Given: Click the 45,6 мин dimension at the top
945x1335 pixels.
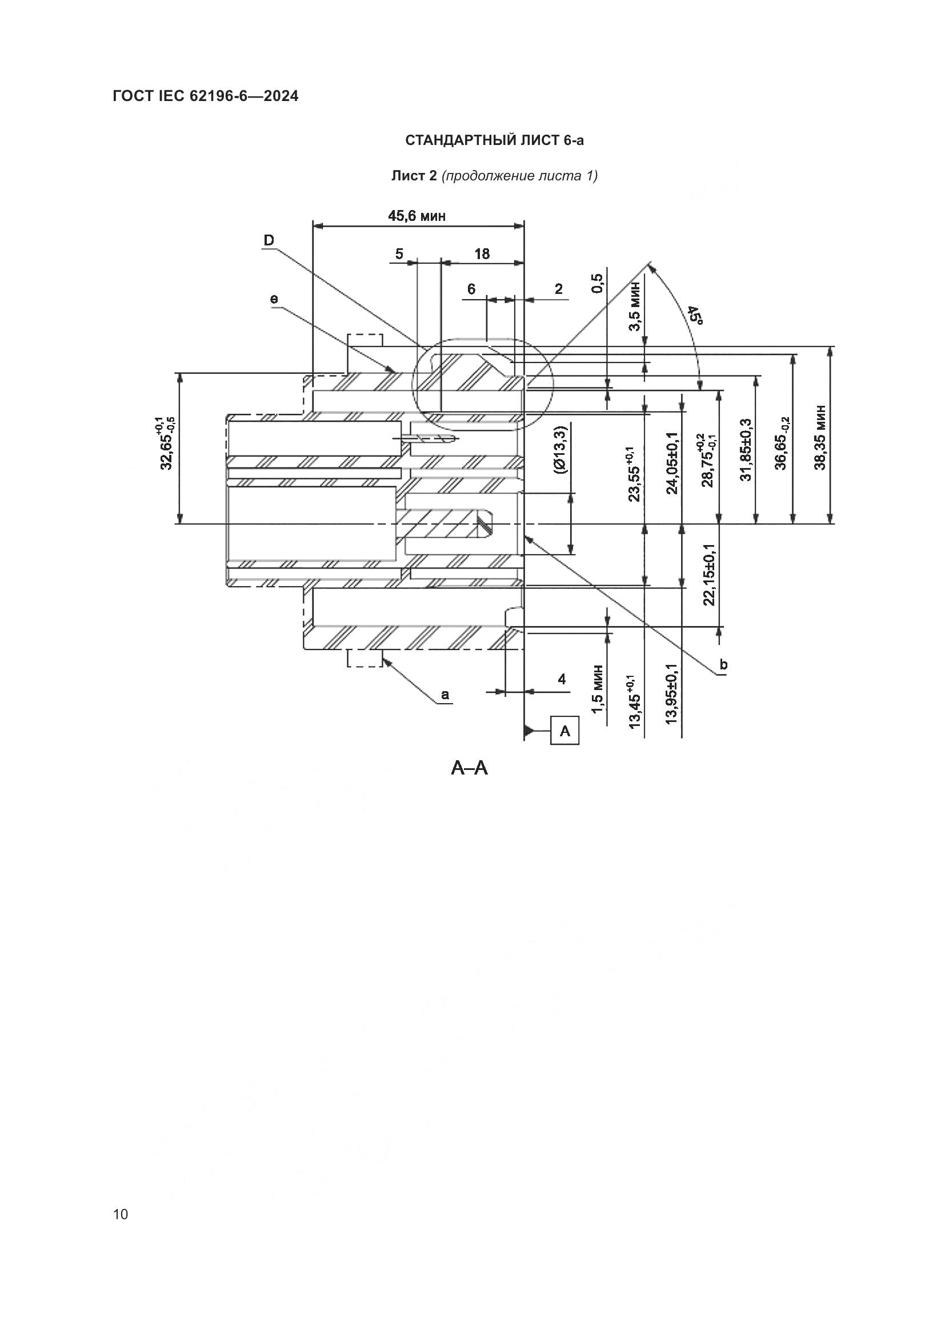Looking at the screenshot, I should coord(417,216).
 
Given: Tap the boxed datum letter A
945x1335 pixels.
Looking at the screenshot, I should coord(564,731).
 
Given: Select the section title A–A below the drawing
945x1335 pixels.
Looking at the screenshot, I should coord(470,769).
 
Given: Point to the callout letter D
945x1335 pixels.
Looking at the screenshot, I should coord(269,240).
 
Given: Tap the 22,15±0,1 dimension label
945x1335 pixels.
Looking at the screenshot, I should coord(708,575).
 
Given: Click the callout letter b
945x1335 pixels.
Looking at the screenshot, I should coord(723,664).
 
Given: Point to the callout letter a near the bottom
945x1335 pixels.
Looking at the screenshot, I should coord(445,695).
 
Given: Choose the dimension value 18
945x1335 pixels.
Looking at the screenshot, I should coord(482,254).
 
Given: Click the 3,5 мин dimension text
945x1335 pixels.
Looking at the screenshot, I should coord(635,306).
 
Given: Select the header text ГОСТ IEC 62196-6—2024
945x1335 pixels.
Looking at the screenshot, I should coord(206,96).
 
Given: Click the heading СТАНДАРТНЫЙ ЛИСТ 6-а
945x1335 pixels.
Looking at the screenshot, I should coord(494,140).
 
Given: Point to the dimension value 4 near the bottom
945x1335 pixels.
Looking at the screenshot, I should coord(562,679).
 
